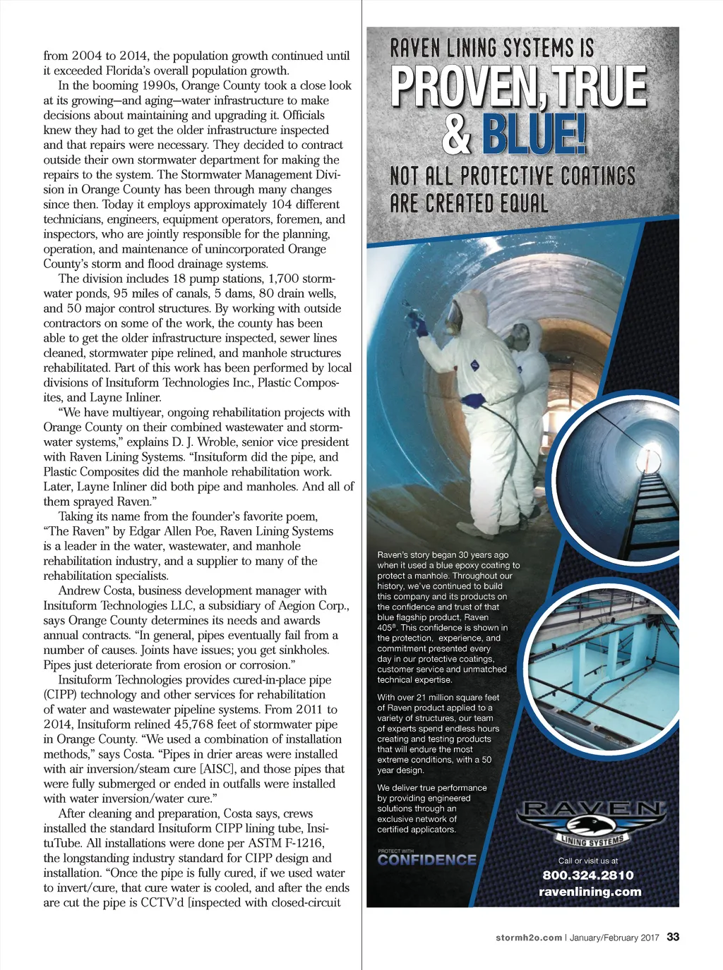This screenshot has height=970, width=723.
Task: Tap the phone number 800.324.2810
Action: coord(587,875)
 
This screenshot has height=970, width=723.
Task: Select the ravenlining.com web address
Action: coord(590,892)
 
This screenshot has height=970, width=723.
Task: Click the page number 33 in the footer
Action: coord(673,937)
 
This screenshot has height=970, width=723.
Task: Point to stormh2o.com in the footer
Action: coord(529,938)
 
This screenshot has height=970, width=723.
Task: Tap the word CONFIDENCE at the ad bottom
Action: coord(427,860)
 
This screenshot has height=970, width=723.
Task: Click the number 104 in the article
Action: coord(281,205)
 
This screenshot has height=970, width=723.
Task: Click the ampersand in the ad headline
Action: coord(457,135)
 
